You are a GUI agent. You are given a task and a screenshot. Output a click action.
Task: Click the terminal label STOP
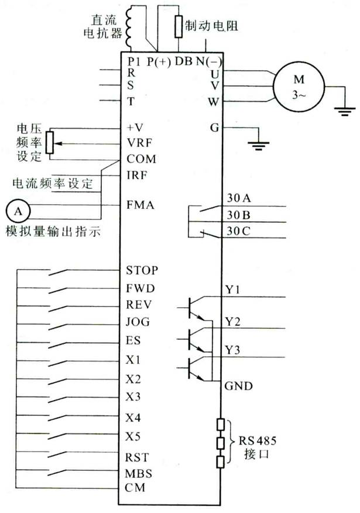coord(143,271)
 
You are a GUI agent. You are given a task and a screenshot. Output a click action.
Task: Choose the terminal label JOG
coord(138,322)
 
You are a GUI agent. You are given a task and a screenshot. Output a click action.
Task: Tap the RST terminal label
coord(138,456)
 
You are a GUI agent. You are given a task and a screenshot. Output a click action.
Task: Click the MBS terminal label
coord(139,473)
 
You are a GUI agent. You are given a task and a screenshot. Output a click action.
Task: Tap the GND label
coord(238,386)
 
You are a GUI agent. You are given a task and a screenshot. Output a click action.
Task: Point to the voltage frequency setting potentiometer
coord(50,143)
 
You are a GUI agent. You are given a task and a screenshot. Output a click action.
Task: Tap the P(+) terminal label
coord(158,61)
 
